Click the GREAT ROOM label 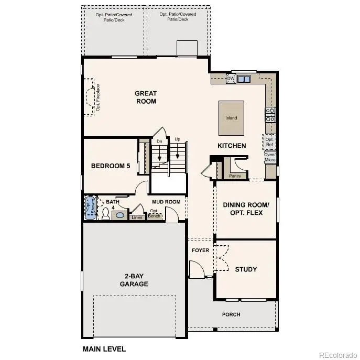(146, 97)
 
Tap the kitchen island (231, 117)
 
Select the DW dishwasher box (231, 79)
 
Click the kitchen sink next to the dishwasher (244, 79)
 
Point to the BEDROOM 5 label (110, 166)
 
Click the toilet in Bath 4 (105, 213)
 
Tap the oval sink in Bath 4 (120, 215)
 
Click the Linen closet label (137, 217)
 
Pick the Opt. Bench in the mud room (154, 213)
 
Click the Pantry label (235, 176)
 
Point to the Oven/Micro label (270, 157)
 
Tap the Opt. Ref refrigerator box (269, 141)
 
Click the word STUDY (245, 269)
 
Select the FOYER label (200, 250)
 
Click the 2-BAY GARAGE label (134, 280)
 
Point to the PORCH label (231, 314)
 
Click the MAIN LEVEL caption (104, 348)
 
